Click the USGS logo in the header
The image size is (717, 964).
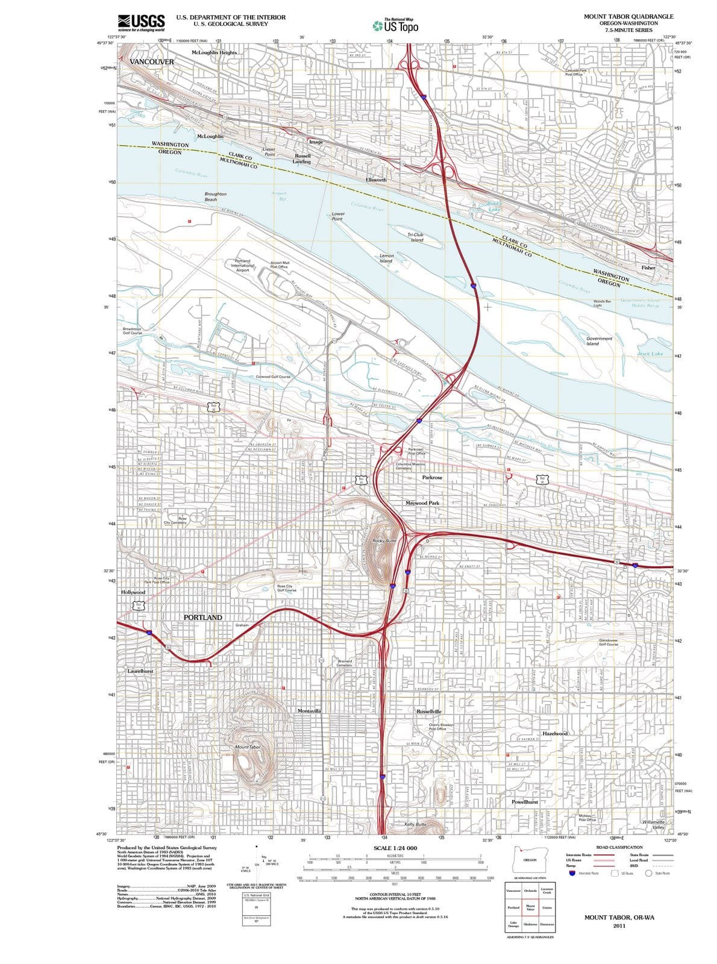point(141,23)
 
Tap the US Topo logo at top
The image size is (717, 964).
point(395,26)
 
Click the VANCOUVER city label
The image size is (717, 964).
point(152,62)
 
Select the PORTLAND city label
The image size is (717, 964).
point(202,618)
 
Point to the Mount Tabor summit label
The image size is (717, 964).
point(248,747)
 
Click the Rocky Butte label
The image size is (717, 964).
point(384,540)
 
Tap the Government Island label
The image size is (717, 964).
point(599,341)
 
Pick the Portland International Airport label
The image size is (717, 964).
point(242,266)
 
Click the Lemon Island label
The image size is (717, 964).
point(386,258)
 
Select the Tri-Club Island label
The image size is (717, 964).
point(416,237)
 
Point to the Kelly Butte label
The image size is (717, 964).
point(415,824)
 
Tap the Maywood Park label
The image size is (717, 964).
point(422,502)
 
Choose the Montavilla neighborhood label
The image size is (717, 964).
point(309,711)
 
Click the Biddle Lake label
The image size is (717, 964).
point(494,206)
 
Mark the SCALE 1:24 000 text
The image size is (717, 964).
point(395,848)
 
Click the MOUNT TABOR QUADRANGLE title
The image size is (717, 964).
point(628,17)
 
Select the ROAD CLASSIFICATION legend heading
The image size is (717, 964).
point(619,847)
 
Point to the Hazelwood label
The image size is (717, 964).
point(555,733)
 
